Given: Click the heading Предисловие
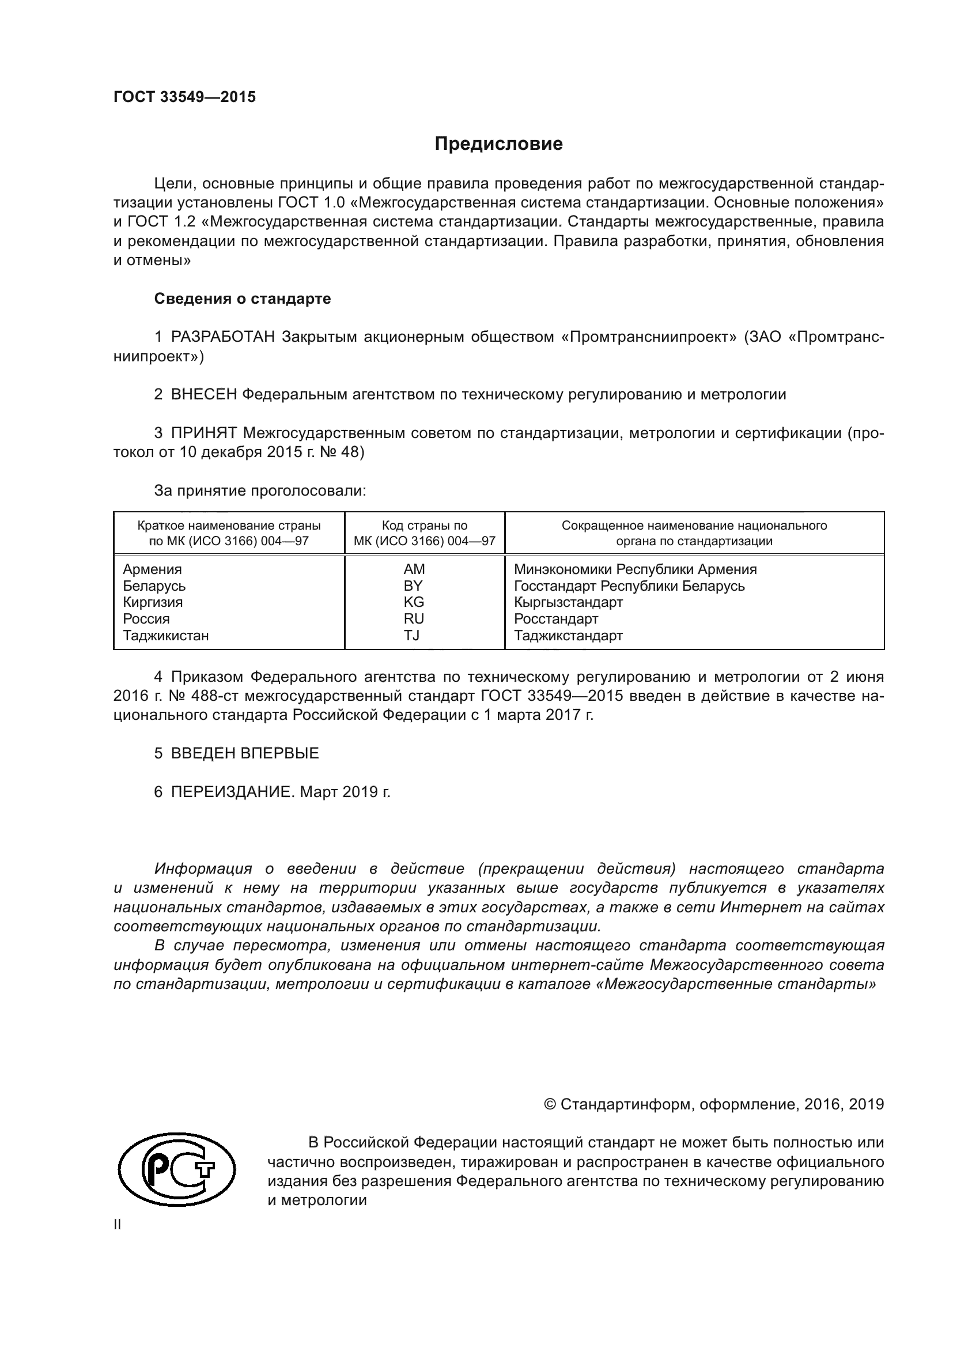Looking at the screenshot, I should click(x=498, y=144).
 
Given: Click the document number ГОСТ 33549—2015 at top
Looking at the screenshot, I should click(x=184, y=97).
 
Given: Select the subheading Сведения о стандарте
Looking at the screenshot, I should click(x=243, y=299).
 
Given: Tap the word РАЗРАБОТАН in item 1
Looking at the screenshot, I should click(x=223, y=337).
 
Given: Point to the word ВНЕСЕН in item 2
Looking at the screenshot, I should click(x=203, y=395).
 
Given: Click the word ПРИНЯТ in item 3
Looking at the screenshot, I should click(x=203, y=433).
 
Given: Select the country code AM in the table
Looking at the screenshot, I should click(x=414, y=569).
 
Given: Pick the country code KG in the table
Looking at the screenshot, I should click(x=414, y=602).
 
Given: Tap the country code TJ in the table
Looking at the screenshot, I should click(x=412, y=635).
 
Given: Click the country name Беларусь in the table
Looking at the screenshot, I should click(x=154, y=586).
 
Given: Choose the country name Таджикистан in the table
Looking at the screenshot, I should click(x=165, y=635).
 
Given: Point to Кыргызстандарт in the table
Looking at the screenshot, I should click(x=568, y=602).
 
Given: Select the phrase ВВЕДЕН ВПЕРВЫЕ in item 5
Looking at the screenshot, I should click(x=245, y=753).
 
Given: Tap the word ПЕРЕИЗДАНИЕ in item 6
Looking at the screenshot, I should click(x=231, y=792).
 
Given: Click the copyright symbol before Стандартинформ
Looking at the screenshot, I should click(x=550, y=1104).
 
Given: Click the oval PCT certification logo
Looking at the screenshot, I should click(x=177, y=1169).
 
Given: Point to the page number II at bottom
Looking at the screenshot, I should click(x=118, y=1225).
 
